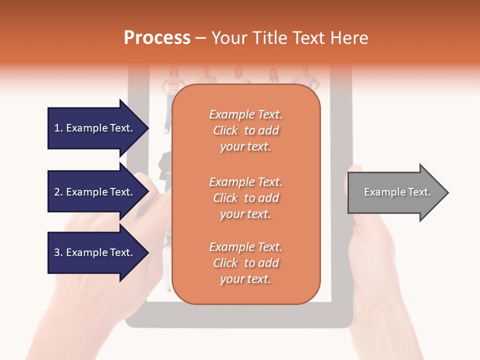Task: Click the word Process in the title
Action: tap(157, 38)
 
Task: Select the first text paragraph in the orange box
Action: tap(245, 130)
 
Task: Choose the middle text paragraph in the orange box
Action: tap(245, 198)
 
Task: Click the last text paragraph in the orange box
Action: tap(245, 263)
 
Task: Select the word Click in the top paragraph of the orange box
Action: tap(225, 130)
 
